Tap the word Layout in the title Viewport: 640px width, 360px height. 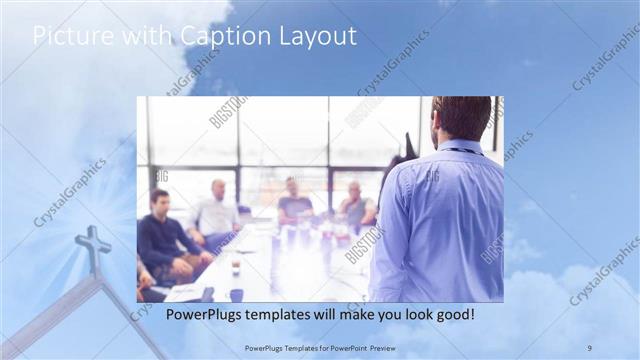(318, 37)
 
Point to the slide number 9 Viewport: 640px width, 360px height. (589, 347)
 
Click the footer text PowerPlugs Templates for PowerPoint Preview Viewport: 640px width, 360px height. (320, 347)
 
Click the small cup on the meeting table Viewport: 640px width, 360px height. (235, 267)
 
